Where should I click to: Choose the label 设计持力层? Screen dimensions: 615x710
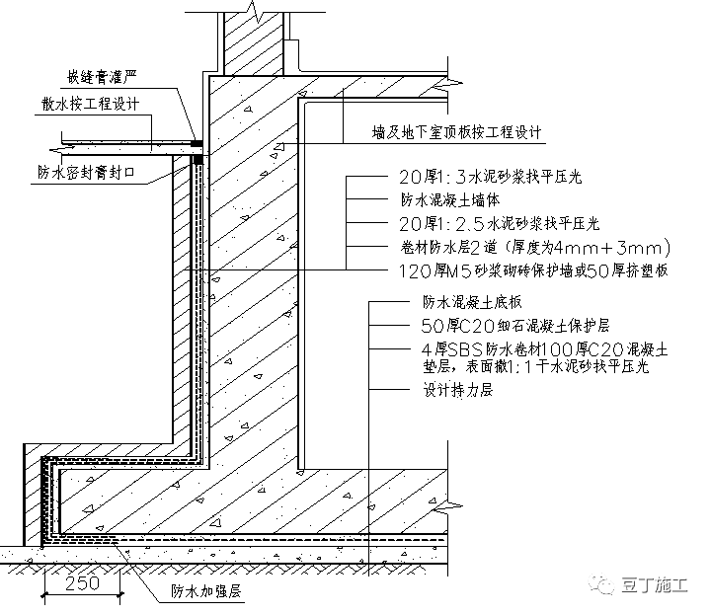click(x=450, y=390)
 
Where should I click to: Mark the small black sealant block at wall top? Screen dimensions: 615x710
click(x=197, y=146)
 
